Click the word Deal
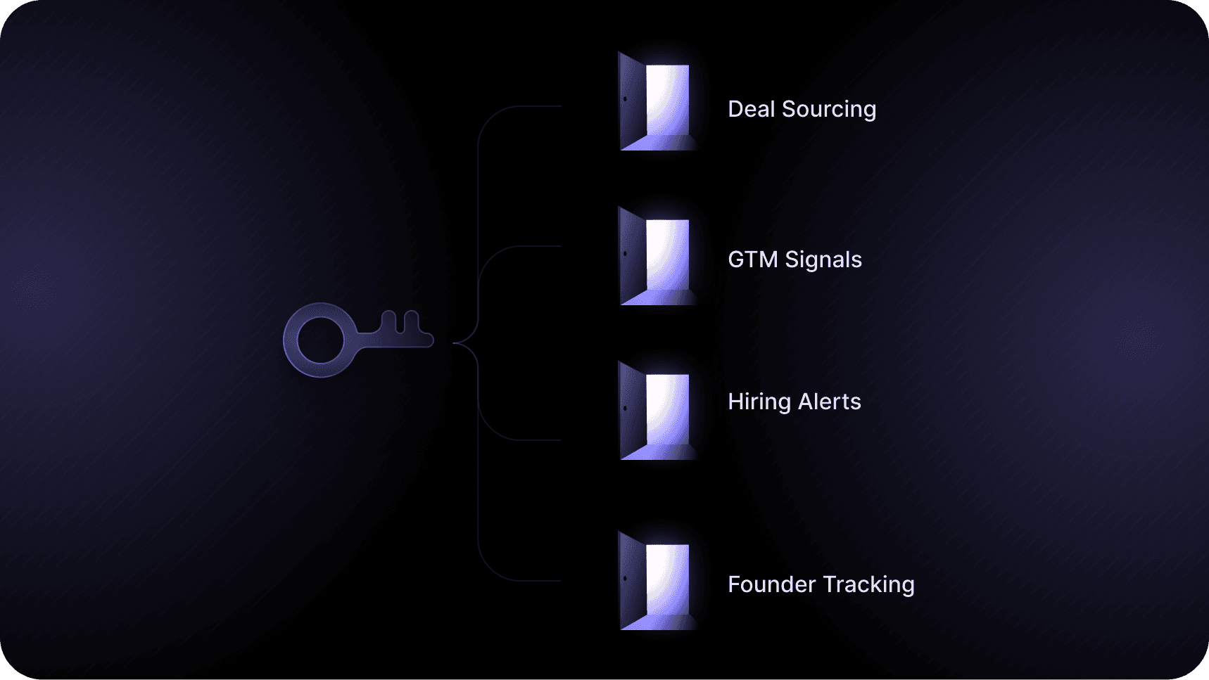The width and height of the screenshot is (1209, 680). (751, 109)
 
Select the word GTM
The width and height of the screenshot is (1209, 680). (752, 259)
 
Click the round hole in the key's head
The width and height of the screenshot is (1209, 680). (320, 340)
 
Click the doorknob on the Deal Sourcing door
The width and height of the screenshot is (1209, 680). (625, 99)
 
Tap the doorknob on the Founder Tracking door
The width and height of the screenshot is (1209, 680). (625, 579)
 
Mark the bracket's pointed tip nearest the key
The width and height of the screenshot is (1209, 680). (455, 343)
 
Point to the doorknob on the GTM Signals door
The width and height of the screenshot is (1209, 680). (625, 254)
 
